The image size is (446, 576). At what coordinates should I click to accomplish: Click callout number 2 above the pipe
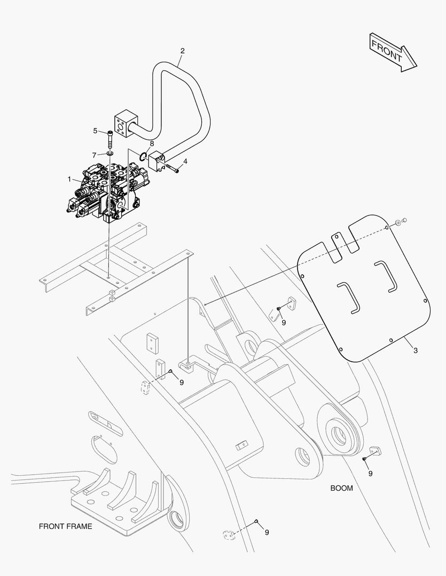pyautogui.click(x=182, y=51)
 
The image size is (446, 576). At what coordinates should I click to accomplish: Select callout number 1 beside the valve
pyautogui.click(x=69, y=180)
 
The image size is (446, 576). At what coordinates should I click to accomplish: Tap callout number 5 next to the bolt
pyautogui.click(x=96, y=131)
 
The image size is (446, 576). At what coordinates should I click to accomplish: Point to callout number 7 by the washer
pyautogui.click(x=95, y=155)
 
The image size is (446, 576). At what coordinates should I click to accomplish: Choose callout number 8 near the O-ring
pyautogui.click(x=152, y=143)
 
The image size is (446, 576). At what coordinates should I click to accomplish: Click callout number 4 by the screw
pyautogui.click(x=185, y=161)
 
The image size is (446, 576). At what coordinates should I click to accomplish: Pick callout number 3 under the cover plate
pyautogui.click(x=415, y=350)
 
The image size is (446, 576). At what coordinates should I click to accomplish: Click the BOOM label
pyautogui.click(x=341, y=488)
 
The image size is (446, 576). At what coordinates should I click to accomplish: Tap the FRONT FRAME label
pyautogui.click(x=65, y=526)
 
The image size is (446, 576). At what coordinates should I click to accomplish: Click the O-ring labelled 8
pyautogui.click(x=143, y=156)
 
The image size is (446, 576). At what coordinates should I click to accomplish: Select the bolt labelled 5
pyautogui.click(x=111, y=139)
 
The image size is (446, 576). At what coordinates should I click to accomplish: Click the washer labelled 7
pyautogui.click(x=110, y=155)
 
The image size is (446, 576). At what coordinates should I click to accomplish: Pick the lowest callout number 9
pyautogui.click(x=267, y=532)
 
